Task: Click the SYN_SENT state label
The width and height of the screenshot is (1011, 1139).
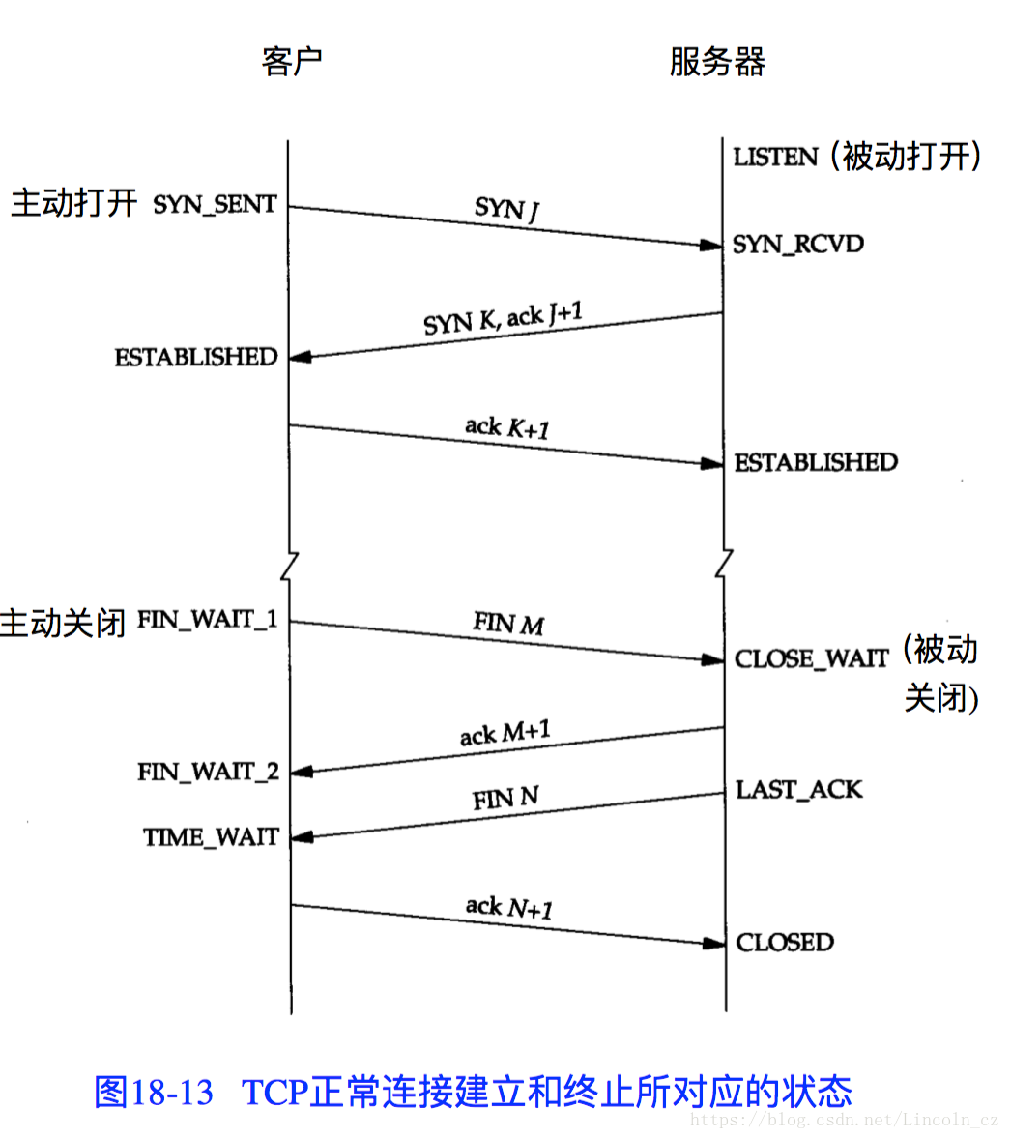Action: [x=215, y=205]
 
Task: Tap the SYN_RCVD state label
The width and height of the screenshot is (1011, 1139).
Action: [x=797, y=244]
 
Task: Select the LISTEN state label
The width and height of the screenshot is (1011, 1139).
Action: [x=775, y=157]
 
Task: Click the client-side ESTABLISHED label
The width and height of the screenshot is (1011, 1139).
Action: [x=196, y=358]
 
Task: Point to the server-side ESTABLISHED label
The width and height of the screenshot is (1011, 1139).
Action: [x=816, y=463]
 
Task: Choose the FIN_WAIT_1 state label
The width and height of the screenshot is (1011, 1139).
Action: [x=207, y=620]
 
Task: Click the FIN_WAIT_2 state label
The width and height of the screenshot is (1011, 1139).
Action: [x=208, y=772]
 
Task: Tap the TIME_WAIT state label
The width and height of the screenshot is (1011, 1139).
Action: [x=211, y=837]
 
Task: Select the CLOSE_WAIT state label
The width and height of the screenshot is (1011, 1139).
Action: [x=811, y=659]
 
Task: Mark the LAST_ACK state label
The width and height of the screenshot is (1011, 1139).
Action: [x=798, y=790]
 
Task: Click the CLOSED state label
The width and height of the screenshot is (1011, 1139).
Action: [x=784, y=943]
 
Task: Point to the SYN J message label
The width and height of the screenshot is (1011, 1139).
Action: [x=506, y=208]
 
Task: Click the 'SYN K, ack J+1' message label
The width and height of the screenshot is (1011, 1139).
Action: [x=503, y=318]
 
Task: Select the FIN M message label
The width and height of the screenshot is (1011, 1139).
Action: [x=508, y=624]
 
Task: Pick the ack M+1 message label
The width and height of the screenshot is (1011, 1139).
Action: [x=505, y=734]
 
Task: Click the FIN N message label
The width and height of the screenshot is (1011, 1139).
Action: [x=505, y=799]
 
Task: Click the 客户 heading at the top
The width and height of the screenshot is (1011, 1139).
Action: [x=291, y=62]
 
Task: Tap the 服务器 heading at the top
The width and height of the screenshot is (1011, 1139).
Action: [x=717, y=62]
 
